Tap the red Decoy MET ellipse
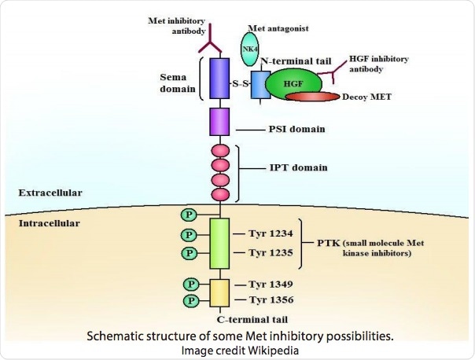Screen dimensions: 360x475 [322, 98]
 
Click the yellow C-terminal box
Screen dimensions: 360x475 [219, 292]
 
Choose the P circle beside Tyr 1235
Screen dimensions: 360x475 [189, 253]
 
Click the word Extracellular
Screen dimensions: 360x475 [50, 192]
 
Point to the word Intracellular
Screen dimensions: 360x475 [49, 226]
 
